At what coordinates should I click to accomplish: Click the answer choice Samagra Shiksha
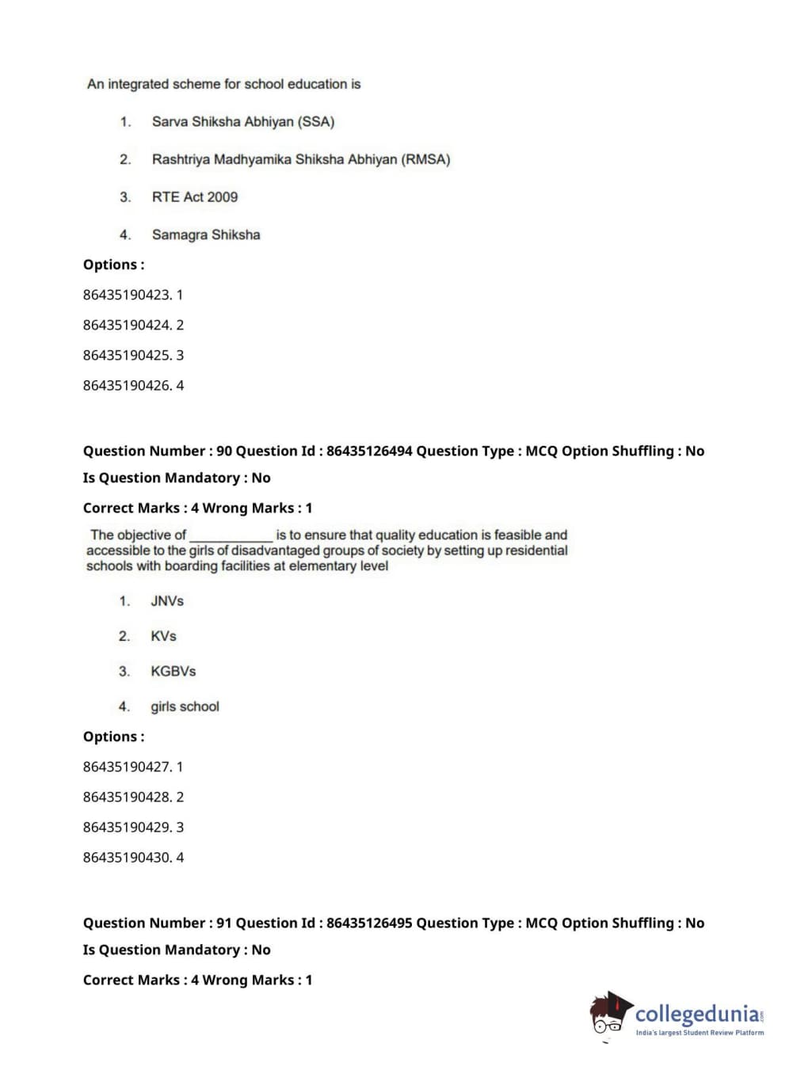coord(205,234)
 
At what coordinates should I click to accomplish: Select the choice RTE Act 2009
coord(194,197)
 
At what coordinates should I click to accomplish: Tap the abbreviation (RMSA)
coord(425,159)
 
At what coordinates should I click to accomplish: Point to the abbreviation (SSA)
coord(316,122)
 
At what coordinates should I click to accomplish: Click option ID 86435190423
coord(127,295)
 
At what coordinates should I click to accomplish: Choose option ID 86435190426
coord(127,386)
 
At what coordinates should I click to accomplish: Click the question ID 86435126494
coord(369,451)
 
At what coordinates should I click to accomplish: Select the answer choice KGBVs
coord(173,671)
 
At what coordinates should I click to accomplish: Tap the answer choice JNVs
coord(166,601)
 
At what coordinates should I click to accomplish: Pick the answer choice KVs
coord(163,636)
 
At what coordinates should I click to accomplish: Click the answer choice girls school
coord(185,706)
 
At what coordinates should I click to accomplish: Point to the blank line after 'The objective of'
coord(231,536)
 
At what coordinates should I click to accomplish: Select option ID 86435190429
coord(127,827)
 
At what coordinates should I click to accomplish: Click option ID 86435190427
coord(127,767)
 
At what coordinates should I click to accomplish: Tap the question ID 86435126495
coord(369,923)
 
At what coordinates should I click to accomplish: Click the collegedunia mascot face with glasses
coord(608,1016)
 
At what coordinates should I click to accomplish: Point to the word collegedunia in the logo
coord(696,1014)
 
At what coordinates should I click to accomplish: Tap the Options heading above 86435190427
coord(113,737)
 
